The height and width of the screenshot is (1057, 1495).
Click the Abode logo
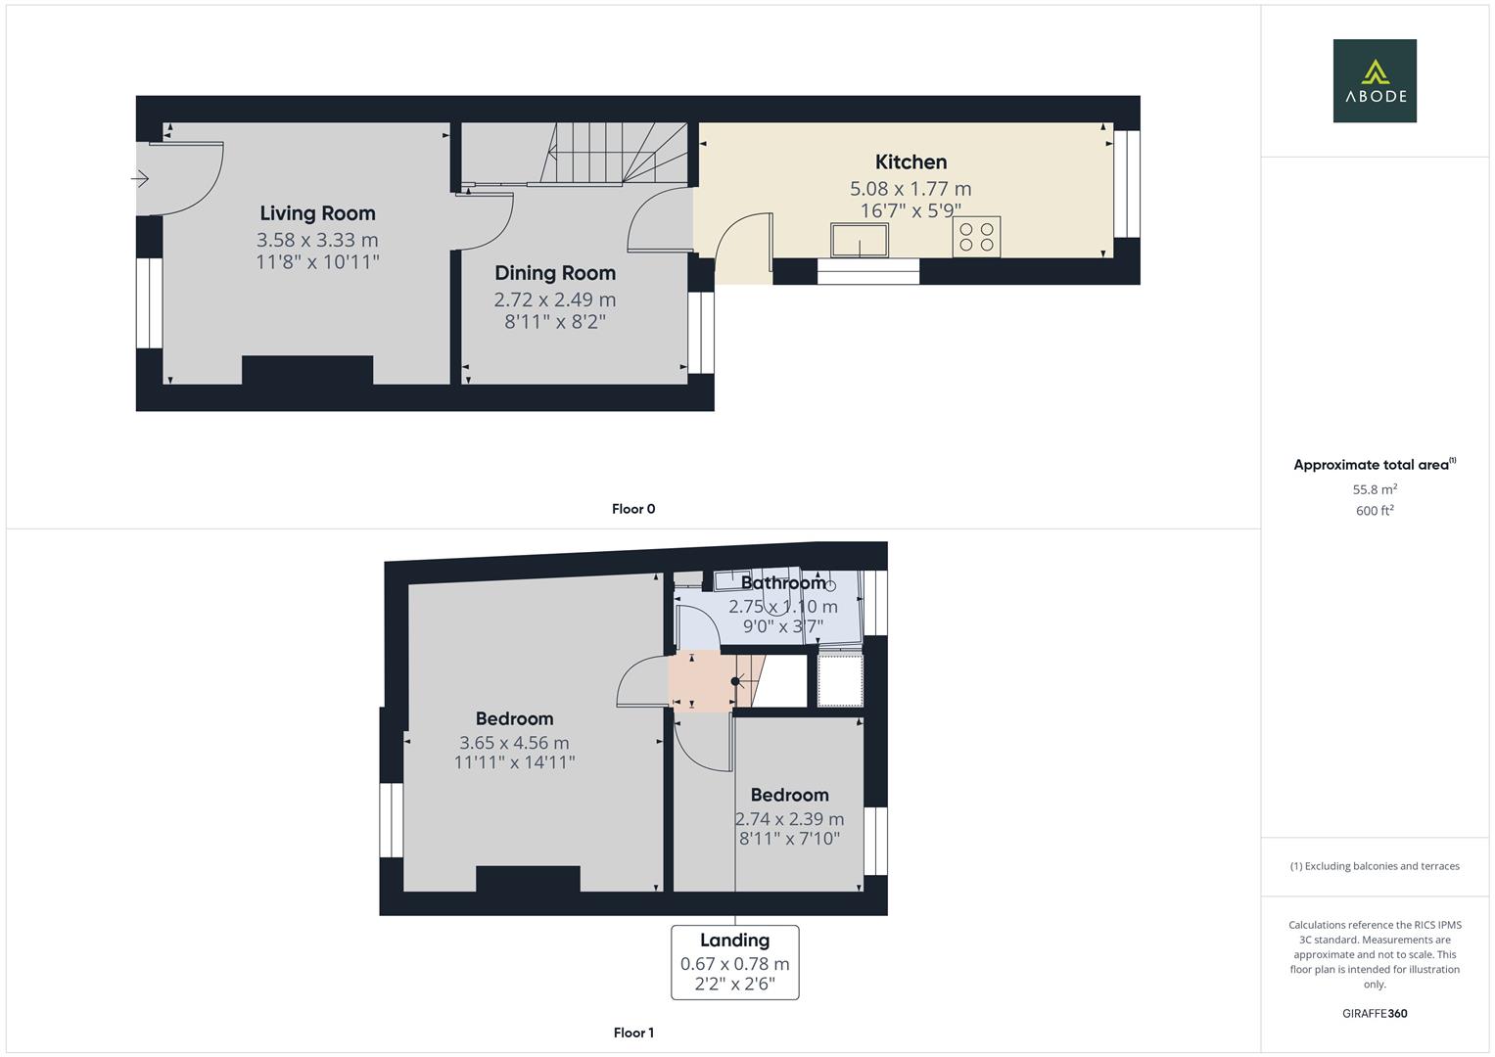point(1375,80)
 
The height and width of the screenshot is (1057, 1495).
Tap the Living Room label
point(317,213)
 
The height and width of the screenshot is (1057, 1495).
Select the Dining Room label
point(555,273)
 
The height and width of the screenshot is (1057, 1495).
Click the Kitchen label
point(911,162)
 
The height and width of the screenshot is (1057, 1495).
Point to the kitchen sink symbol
point(860,240)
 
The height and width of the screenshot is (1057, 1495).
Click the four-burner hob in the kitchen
point(976,237)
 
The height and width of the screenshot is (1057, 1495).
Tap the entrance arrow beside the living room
point(140,179)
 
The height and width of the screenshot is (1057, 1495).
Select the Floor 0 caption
point(633,509)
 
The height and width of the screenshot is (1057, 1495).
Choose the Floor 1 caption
point(633,1033)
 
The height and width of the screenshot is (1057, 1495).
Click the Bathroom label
point(783,583)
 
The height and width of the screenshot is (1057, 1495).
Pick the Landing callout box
point(734,962)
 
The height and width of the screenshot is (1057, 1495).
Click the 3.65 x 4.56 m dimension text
point(514,743)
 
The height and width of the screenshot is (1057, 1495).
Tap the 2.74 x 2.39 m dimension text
point(789,819)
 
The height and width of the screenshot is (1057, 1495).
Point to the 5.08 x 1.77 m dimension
point(911,189)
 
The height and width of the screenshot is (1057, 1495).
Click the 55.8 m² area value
point(1375,489)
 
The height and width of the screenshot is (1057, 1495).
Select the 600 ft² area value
point(1375,511)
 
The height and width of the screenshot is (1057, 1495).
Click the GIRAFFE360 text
point(1375,1013)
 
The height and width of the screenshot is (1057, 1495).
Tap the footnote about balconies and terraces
point(1375,866)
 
